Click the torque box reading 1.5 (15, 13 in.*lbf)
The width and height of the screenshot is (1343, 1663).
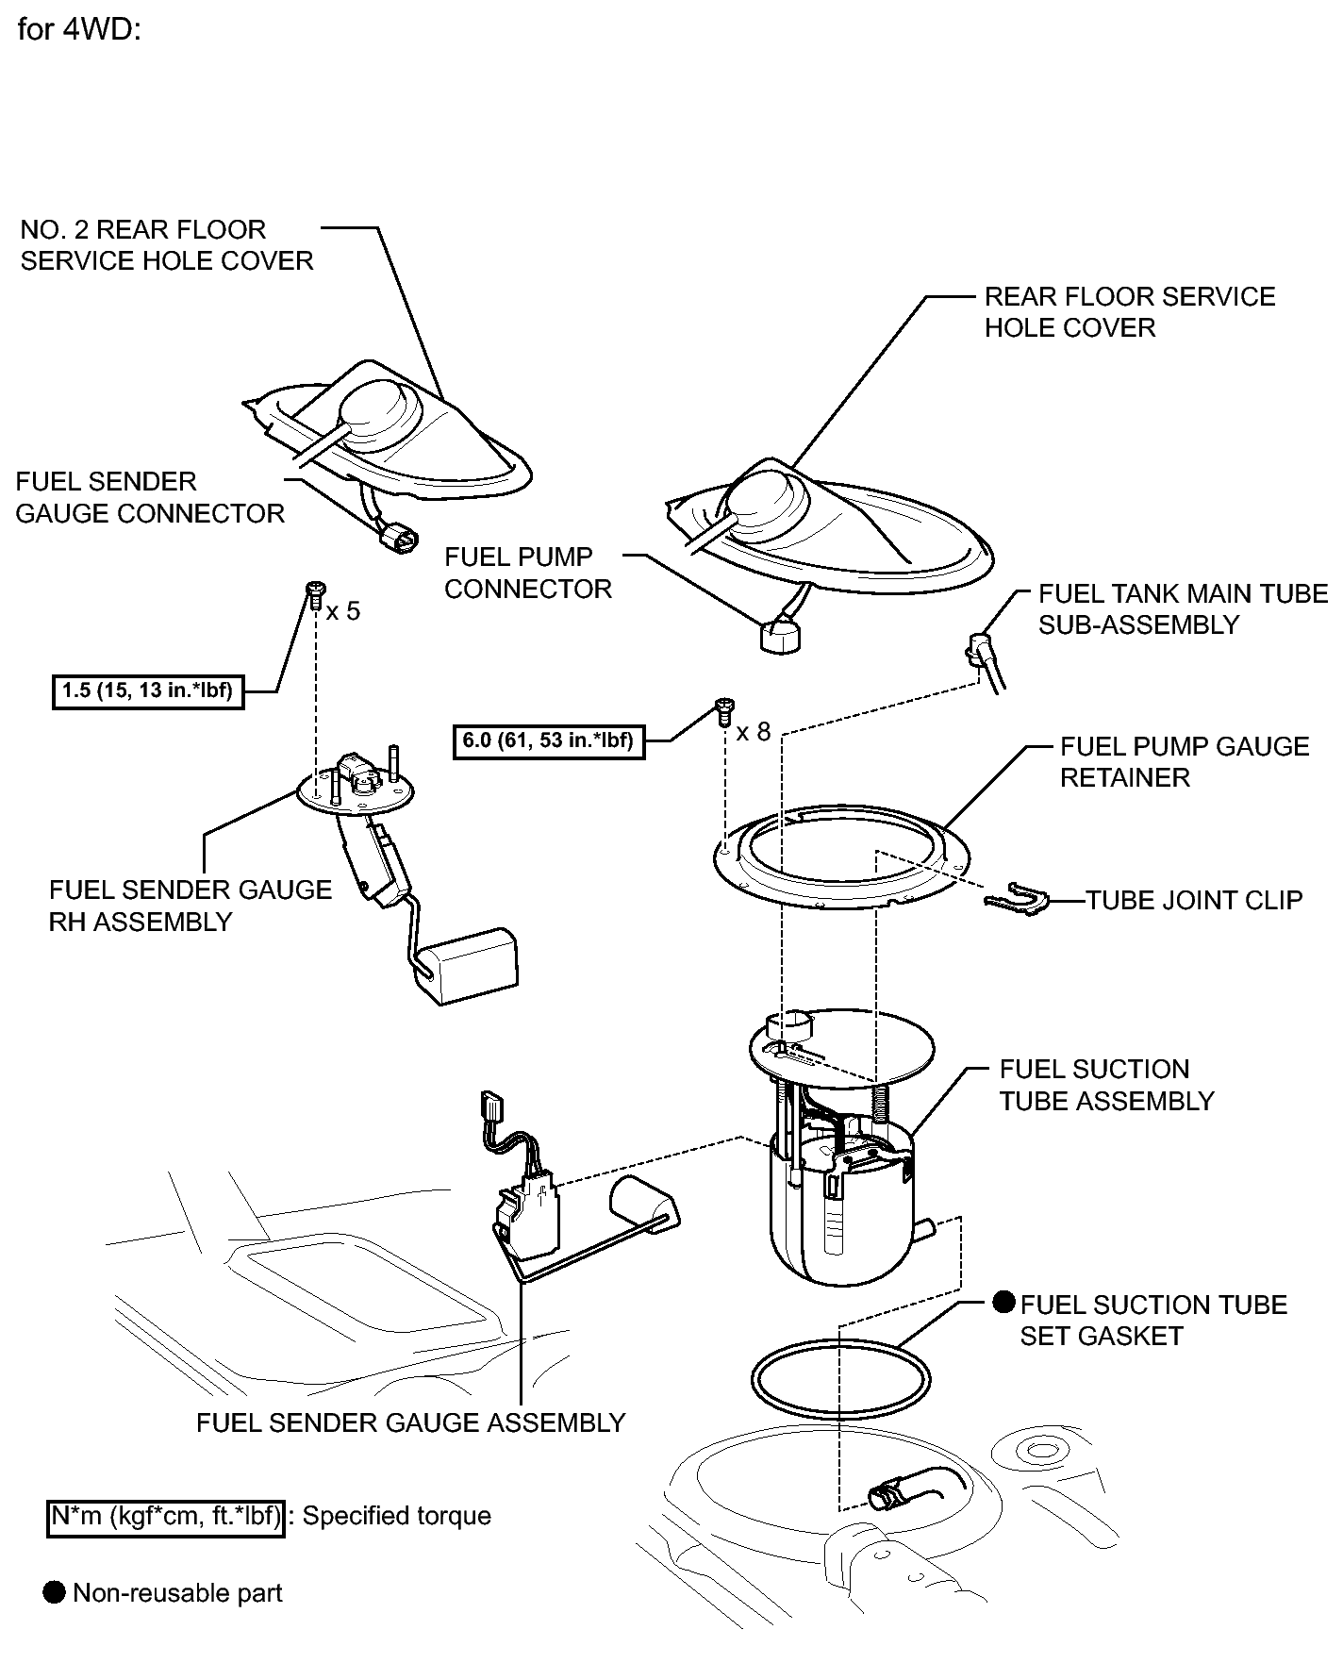[147, 691]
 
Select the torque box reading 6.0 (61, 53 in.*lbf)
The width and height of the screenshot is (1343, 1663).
[548, 740]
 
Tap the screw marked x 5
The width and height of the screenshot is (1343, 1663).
[315, 595]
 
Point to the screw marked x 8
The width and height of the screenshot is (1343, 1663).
[724, 708]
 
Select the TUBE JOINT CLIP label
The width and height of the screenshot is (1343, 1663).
[1194, 900]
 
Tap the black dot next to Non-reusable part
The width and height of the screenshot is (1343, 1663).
[56, 1593]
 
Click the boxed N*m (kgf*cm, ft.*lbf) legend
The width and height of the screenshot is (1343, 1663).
[166, 1516]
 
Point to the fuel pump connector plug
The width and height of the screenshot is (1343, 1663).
[780, 636]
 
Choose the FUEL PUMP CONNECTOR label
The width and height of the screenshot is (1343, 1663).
[528, 573]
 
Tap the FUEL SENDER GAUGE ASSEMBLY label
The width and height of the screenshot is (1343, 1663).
[410, 1422]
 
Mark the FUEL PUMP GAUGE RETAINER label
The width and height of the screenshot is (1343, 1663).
[1184, 762]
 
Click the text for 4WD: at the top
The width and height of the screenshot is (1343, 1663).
[79, 29]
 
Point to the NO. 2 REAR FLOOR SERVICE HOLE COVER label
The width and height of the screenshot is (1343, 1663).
[166, 245]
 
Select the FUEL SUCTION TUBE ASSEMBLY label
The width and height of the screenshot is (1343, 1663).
[1106, 1085]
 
